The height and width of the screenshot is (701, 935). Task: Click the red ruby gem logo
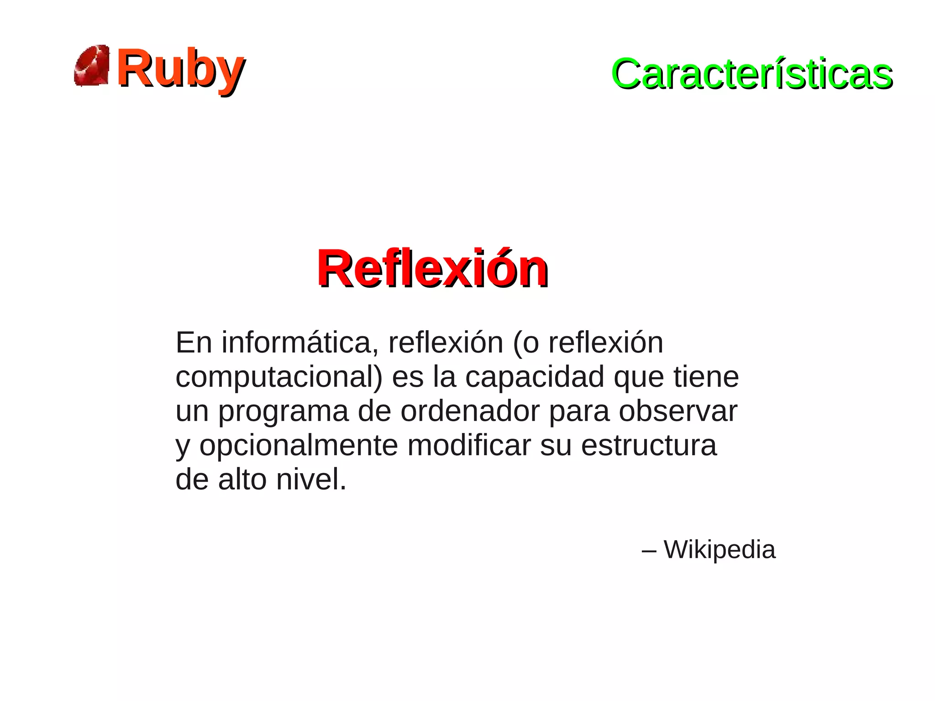click(x=92, y=66)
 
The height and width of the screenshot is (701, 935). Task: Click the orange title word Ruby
click(x=180, y=69)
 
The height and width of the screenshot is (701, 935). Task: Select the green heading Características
click(x=751, y=74)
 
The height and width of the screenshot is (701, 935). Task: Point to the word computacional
click(x=279, y=377)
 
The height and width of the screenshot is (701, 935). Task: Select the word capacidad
click(x=535, y=377)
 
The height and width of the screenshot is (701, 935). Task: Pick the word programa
click(x=283, y=412)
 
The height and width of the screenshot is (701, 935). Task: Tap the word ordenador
click(x=470, y=411)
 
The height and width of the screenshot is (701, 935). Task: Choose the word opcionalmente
click(x=299, y=446)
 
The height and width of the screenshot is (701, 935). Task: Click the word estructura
click(x=648, y=446)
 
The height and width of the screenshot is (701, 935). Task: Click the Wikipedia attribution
click(x=719, y=549)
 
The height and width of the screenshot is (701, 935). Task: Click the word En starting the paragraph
click(x=194, y=343)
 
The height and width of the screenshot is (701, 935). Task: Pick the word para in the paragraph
click(x=579, y=412)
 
